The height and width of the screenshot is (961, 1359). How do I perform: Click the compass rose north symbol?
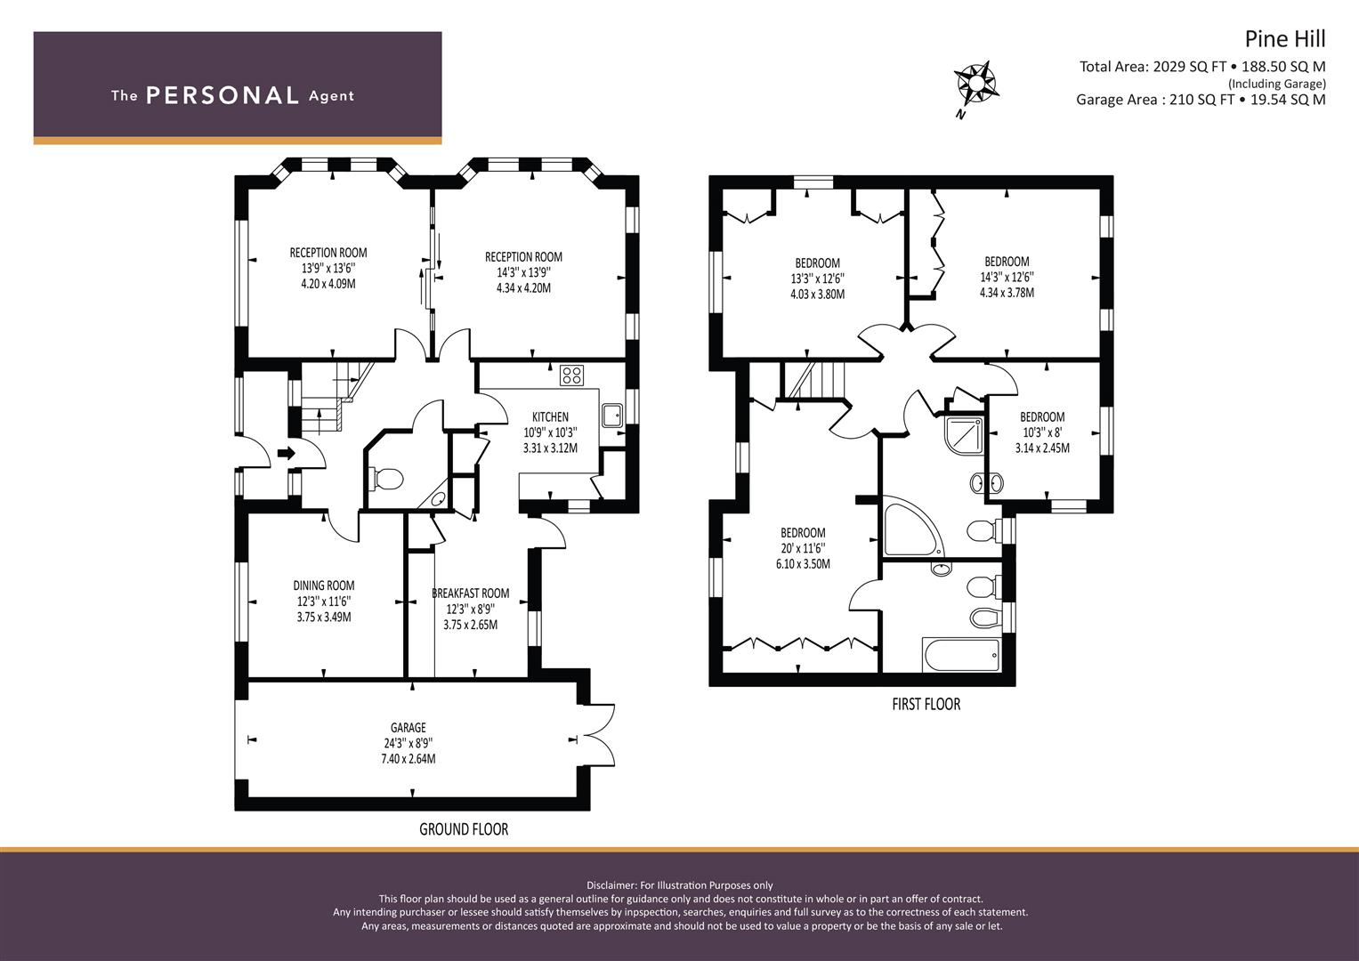coord(975,89)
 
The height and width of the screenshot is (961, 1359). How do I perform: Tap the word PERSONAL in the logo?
coord(222,96)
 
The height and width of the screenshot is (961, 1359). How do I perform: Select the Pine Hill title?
coord(1285,39)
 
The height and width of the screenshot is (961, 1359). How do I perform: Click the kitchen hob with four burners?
coord(571,375)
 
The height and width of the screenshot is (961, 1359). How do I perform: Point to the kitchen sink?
coord(611,415)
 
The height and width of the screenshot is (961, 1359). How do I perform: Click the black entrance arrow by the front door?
coord(286,453)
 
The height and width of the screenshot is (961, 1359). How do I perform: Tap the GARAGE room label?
coord(408,727)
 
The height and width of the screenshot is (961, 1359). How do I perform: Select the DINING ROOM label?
coord(323,585)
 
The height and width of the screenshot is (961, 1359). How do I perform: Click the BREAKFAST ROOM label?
coord(470,594)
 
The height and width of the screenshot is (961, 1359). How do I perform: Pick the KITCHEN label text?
coord(550,416)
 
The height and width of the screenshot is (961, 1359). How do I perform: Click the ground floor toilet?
coord(386,480)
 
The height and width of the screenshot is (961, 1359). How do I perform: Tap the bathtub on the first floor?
coord(961,655)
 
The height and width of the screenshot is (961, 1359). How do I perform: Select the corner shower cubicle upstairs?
coord(963,434)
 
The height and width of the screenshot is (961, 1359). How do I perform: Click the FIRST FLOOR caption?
coord(926,705)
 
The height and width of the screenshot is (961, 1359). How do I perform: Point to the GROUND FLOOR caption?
coord(464,829)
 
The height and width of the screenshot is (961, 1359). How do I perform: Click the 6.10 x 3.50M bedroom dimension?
coord(803,563)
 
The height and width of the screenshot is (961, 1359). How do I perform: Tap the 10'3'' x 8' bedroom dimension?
coord(1041,432)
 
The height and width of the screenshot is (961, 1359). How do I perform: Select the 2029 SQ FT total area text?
coord(1193,67)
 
